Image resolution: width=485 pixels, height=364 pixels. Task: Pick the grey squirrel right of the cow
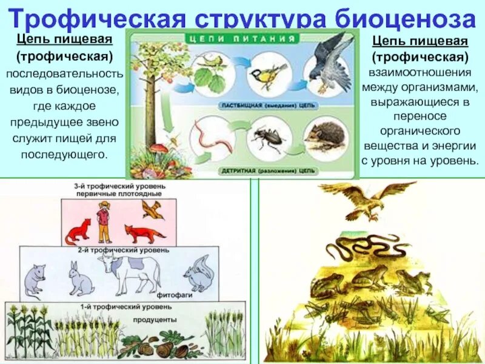click(x=199, y=274)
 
